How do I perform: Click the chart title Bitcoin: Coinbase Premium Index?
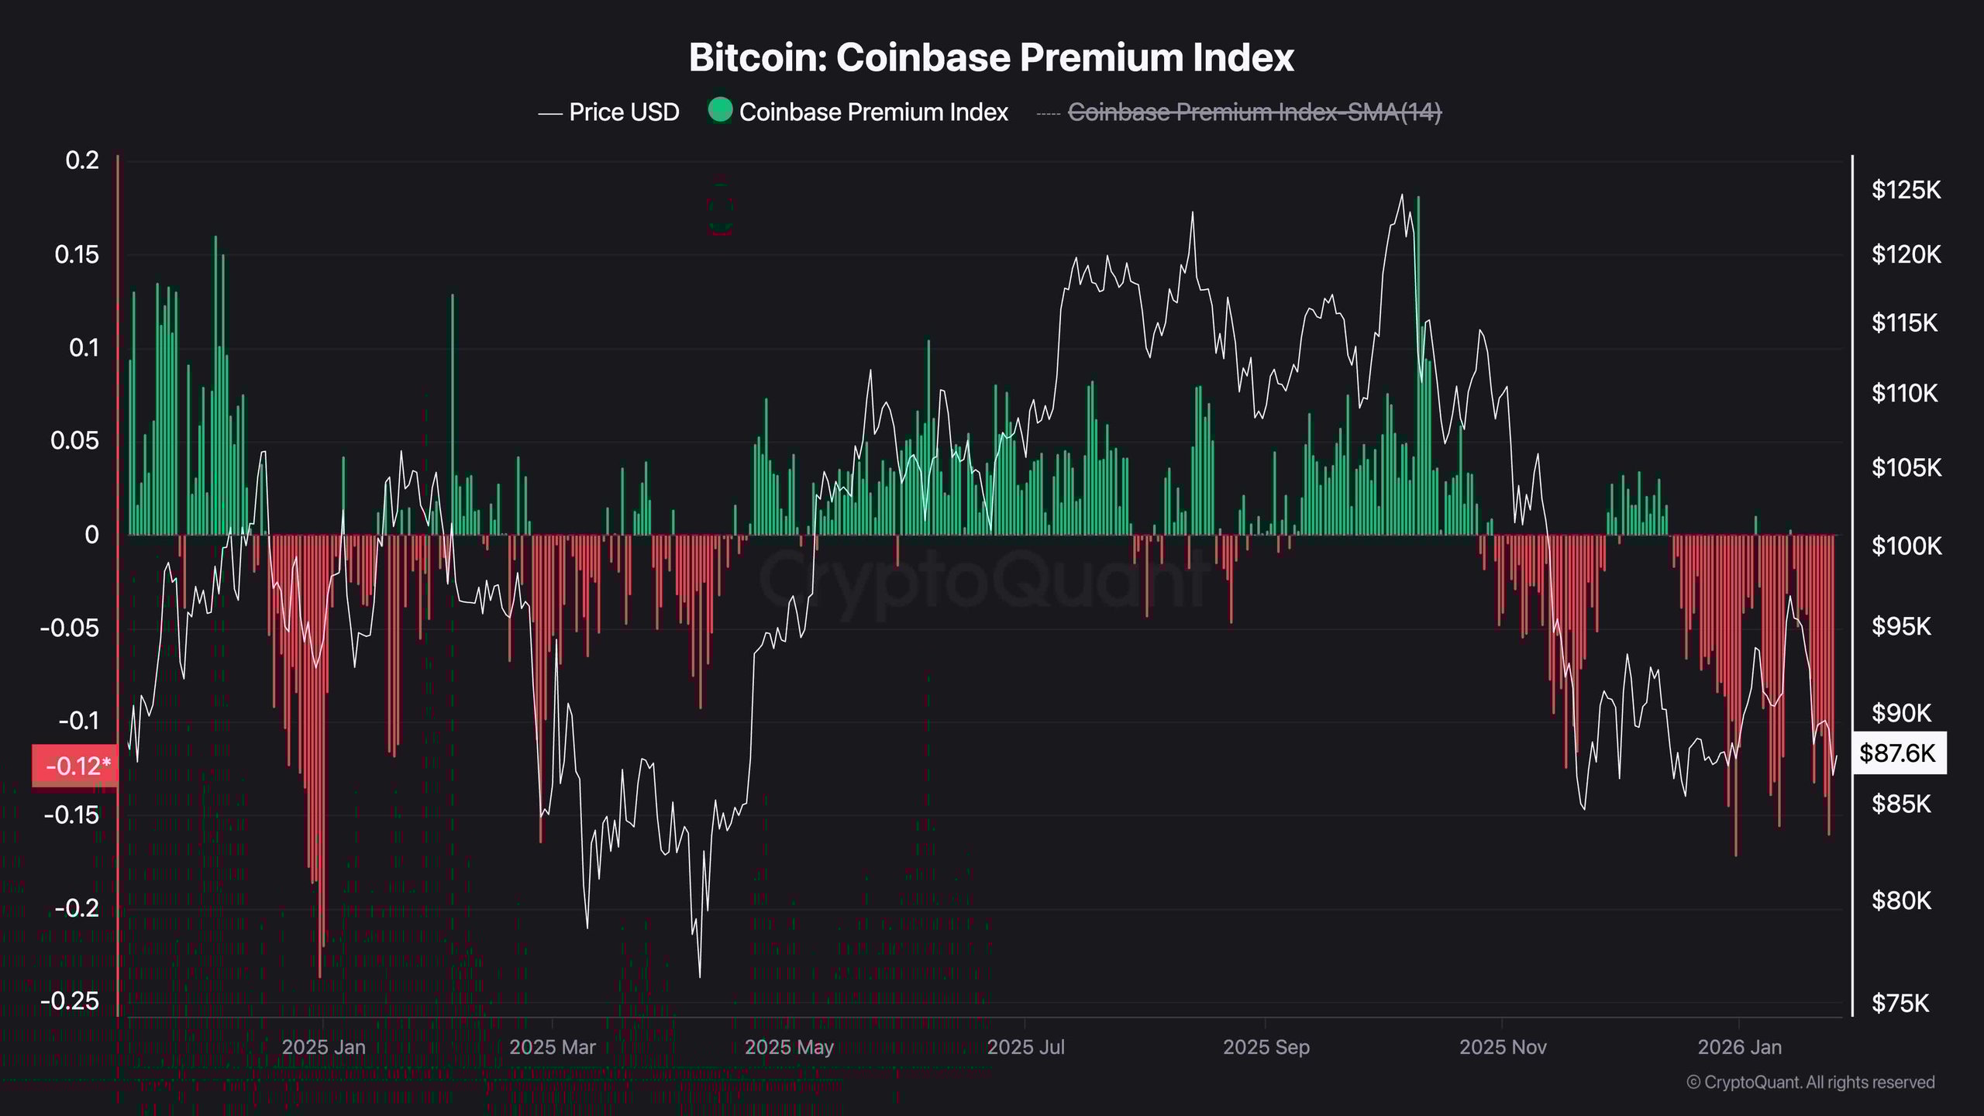[x=991, y=57]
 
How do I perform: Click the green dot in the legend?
[x=720, y=110]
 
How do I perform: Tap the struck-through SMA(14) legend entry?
[x=1254, y=112]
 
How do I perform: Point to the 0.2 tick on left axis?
[x=82, y=160]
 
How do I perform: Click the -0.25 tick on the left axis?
[x=70, y=1001]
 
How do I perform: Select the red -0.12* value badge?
[x=75, y=766]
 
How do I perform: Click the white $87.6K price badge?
[x=1897, y=753]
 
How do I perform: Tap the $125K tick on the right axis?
[x=1906, y=189]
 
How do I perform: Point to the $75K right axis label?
[x=1900, y=1004]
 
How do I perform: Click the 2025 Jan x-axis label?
[x=323, y=1047]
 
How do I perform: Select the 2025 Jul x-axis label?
[x=1025, y=1047]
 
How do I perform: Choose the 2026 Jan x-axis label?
[x=1739, y=1047]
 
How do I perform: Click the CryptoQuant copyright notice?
[x=1810, y=1082]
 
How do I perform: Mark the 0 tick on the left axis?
[x=92, y=535]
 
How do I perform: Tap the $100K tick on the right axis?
[x=1906, y=546]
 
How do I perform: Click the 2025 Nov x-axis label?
[x=1503, y=1047]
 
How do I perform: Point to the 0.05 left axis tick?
[x=74, y=441]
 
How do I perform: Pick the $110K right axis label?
[x=1904, y=394]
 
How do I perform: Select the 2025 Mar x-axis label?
[x=552, y=1047]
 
